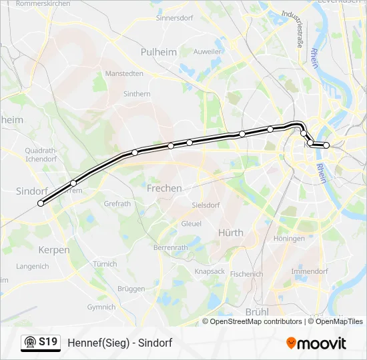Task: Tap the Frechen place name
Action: tap(164, 189)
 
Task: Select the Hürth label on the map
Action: tap(231, 233)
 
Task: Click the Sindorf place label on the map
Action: tap(31, 191)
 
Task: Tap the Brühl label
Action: tap(256, 311)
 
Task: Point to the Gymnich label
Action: tap(101, 307)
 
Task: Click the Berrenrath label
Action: tap(171, 247)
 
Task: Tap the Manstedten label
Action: tap(124, 73)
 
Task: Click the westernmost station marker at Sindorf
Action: tap(41, 204)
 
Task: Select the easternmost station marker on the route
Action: tap(326, 145)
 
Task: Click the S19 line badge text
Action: tap(48, 342)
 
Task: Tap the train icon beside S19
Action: tap(29, 343)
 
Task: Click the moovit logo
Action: tap(316, 343)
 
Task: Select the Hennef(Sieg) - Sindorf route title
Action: tap(120, 343)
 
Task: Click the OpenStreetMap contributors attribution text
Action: tap(256, 321)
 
